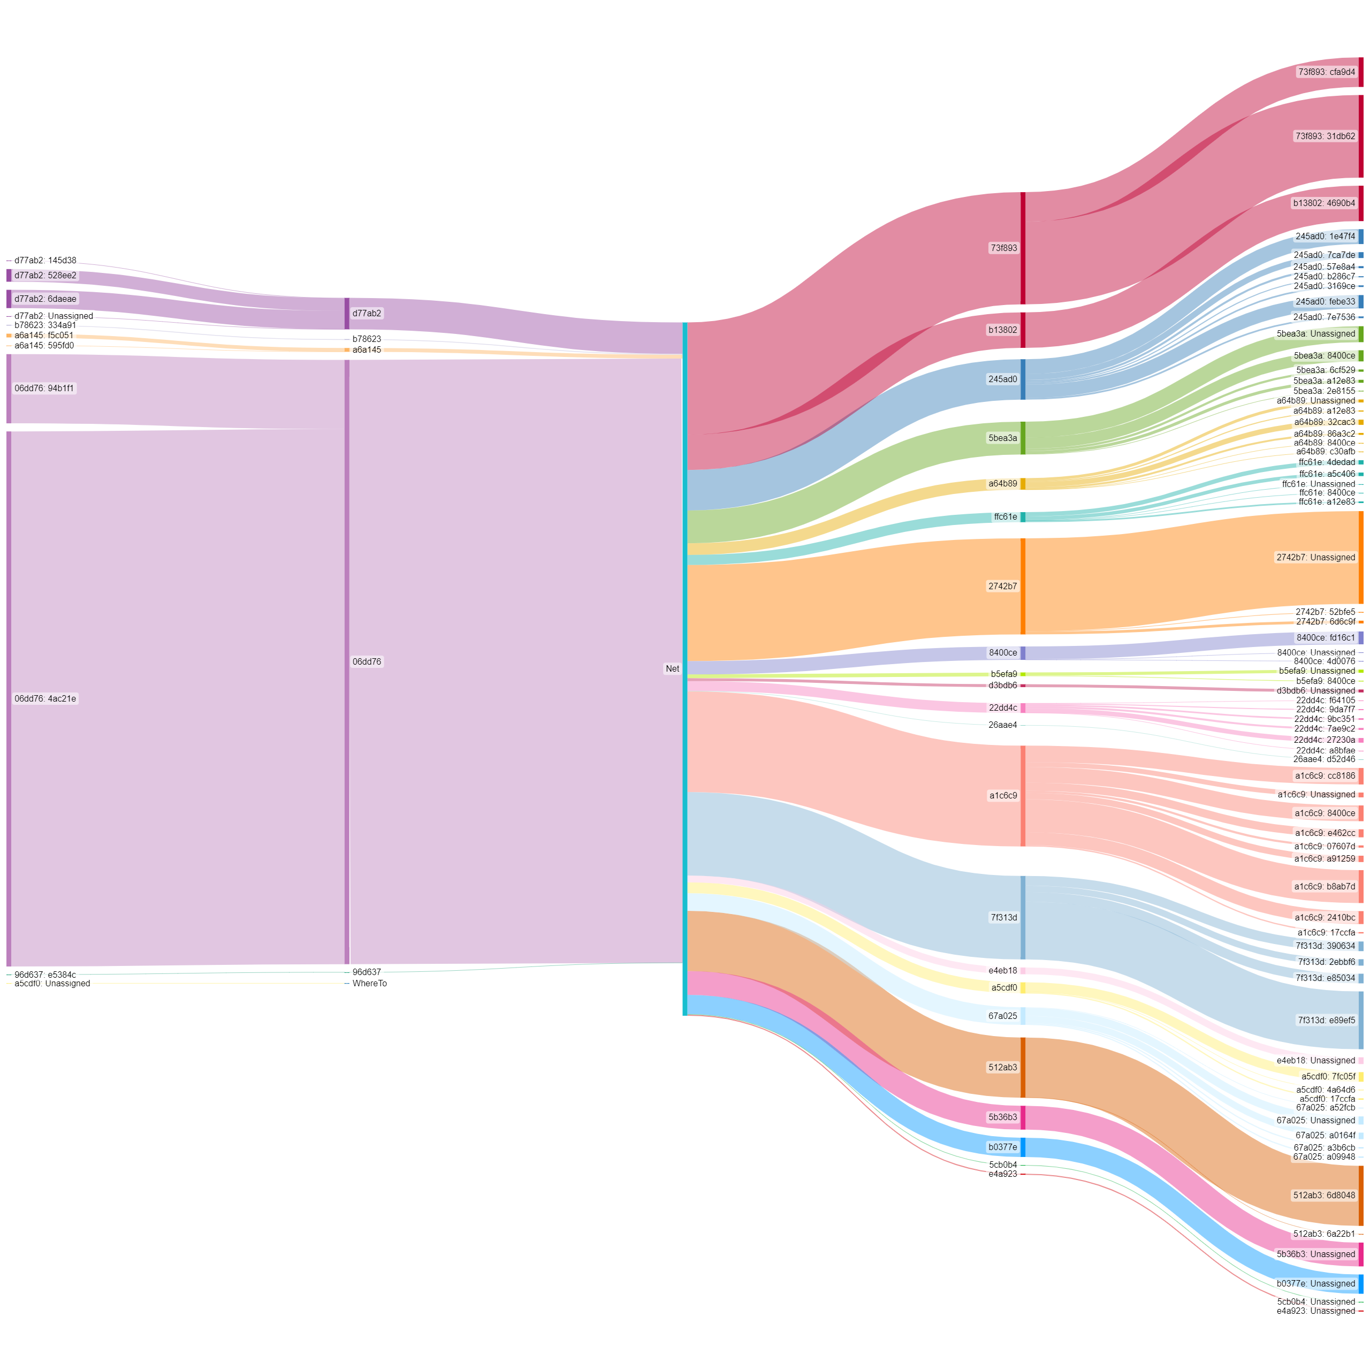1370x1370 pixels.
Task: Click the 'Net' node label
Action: [x=672, y=669]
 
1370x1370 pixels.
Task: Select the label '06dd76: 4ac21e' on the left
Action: [x=45, y=698]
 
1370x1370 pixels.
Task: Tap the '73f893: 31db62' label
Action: [x=1325, y=136]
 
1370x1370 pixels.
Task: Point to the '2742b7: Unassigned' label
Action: [x=1315, y=557]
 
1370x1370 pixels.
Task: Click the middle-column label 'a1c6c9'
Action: [x=1003, y=796]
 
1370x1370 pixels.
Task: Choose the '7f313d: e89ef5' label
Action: [x=1326, y=1021]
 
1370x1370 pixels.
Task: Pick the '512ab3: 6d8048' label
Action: [x=1323, y=1196]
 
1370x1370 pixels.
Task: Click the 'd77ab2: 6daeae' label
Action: [x=45, y=299]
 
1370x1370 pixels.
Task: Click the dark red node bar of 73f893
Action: [x=1023, y=248]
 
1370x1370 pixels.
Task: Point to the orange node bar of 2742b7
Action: [x=1023, y=587]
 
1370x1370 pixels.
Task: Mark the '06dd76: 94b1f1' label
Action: [x=44, y=389]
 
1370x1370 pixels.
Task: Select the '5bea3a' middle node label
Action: [x=1002, y=438]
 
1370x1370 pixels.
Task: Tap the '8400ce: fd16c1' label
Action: [x=1325, y=638]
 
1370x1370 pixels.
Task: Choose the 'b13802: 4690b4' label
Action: [x=1323, y=203]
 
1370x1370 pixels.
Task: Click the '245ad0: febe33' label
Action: [x=1325, y=301]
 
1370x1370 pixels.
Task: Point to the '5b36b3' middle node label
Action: [x=1002, y=1117]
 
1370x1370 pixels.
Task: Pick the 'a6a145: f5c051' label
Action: [x=44, y=336]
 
